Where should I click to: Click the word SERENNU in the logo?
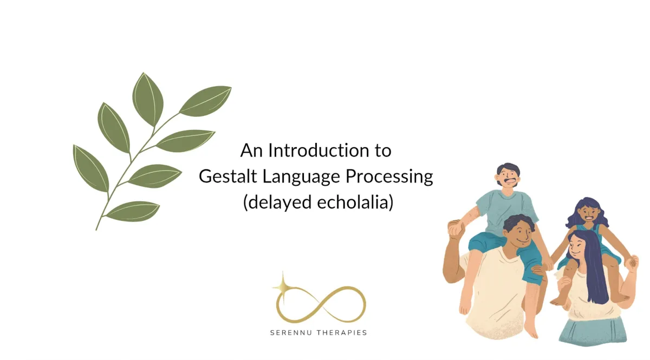(290, 333)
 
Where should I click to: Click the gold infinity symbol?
(321, 304)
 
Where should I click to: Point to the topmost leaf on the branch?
(148, 99)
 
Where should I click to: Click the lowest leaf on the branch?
(133, 212)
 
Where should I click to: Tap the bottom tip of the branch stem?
(96, 230)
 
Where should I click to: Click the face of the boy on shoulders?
(508, 176)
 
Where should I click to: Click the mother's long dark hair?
(593, 267)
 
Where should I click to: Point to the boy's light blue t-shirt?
(506, 211)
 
